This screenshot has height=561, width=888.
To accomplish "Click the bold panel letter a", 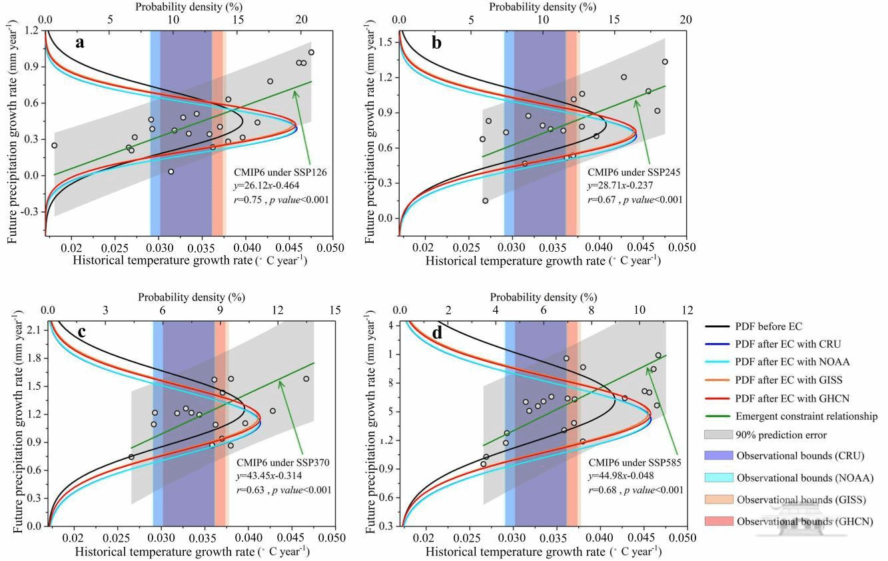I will [80, 43].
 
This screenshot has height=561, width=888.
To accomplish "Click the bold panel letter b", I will [437, 43].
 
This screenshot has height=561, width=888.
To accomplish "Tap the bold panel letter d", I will [437, 332].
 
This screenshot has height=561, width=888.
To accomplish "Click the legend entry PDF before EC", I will [769, 326].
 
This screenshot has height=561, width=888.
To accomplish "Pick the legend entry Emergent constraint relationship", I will [806, 416].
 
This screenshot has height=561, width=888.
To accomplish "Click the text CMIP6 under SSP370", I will [284, 462].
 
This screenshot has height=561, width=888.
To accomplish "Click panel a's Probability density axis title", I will [179, 7].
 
